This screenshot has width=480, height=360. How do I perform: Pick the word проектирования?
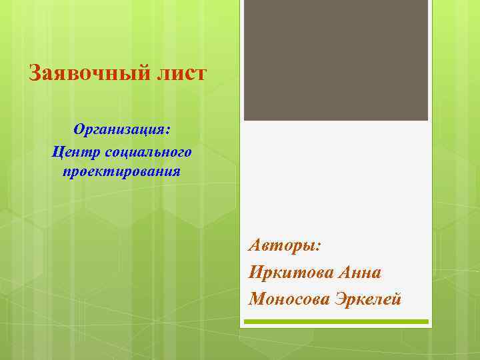121,172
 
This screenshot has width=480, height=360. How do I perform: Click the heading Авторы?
285,245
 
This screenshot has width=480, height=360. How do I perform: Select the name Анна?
360,272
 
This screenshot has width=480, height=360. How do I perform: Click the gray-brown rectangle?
335,60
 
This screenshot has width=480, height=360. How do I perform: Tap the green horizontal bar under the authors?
335,321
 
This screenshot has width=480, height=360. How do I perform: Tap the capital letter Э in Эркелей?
340,299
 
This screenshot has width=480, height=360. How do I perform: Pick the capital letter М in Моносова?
257,299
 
